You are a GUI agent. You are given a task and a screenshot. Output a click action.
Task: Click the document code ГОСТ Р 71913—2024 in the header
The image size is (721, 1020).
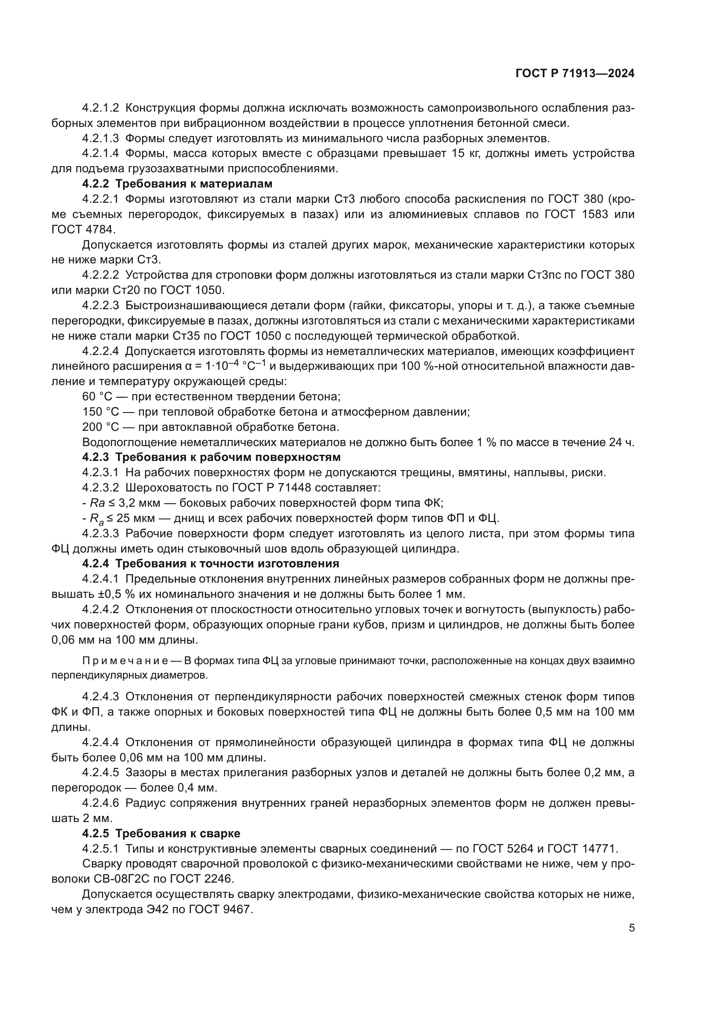575,74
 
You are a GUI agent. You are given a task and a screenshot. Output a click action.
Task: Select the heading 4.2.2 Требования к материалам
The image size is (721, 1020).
177,184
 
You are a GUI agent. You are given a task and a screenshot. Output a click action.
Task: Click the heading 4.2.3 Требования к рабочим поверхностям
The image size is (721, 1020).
211,457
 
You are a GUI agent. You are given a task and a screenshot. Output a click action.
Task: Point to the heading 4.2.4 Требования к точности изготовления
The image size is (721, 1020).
211,564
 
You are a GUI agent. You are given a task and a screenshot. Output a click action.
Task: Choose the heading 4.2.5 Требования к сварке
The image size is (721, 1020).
161,833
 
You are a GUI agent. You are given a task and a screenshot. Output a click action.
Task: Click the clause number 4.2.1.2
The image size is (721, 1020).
100,108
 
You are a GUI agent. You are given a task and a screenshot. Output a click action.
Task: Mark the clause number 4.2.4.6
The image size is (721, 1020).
100,803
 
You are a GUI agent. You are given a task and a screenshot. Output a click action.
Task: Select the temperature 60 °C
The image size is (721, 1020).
97,396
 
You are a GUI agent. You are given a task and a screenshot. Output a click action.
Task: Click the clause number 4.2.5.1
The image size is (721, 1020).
100,849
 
